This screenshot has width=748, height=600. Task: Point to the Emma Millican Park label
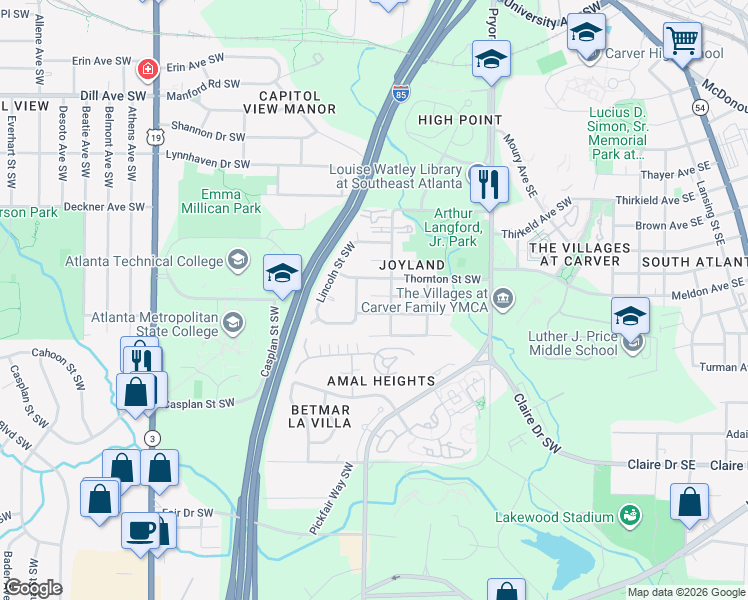pos(221,201)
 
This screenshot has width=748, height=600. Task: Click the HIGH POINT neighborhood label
pos(460,120)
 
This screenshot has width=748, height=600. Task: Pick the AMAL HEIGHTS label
pos(381,381)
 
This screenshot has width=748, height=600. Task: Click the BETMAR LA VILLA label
pos(320,416)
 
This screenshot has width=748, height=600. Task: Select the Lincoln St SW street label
pos(336,272)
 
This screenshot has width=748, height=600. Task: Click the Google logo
pos(33,588)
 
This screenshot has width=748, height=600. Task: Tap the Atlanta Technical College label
pos(144,262)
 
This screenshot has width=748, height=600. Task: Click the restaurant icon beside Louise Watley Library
pos(488,183)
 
